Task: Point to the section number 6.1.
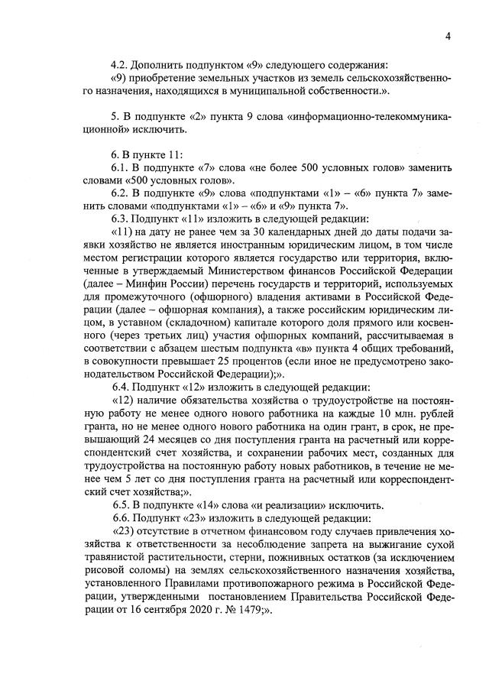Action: tap(120, 167)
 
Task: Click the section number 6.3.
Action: tap(120, 219)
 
